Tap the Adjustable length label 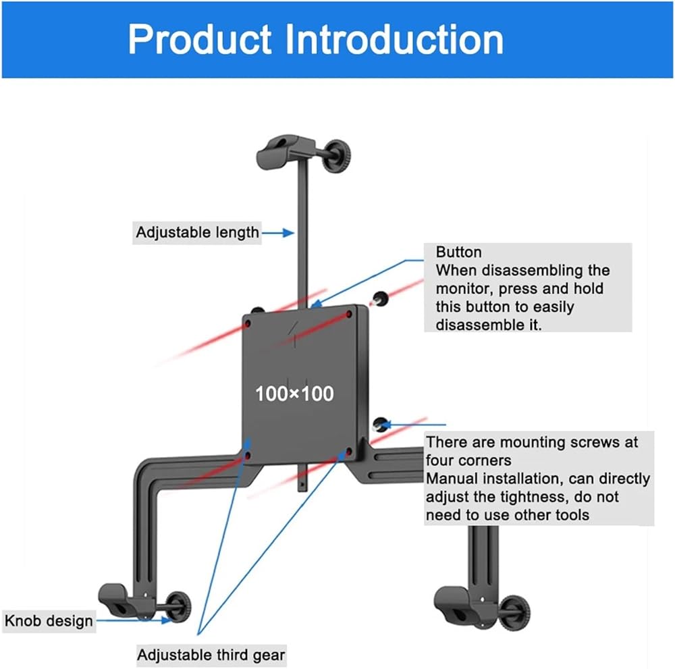(197, 232)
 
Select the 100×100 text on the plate (294, 394)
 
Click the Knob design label (49, 621)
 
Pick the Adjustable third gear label (211, 655)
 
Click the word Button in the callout (458, 252)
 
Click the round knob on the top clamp (337, 155)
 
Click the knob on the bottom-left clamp (179, 607)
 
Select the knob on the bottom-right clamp (515, 612)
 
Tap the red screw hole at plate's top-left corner (248, 324)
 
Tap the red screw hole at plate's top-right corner (349, 315)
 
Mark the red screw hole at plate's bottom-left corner (248, 454)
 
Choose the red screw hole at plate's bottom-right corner (349, 452)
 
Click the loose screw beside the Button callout (379, 298)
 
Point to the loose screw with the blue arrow (380, 425)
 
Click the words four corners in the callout (468, 460)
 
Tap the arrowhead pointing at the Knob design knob (167, 620)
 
